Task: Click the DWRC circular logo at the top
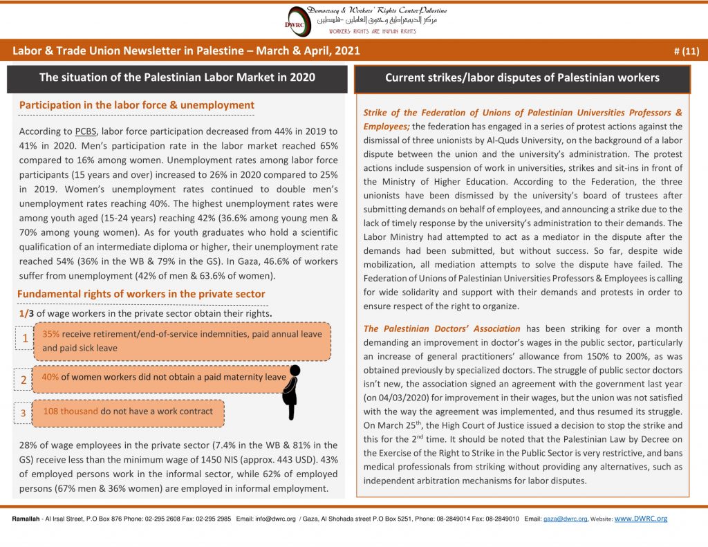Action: pos(300,20)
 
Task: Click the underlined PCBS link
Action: pos(84,131)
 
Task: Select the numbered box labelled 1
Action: pos(25,339)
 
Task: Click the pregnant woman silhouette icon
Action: pos(292,391)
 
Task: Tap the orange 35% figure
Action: pos(50,333)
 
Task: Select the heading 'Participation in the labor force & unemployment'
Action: pos(137,105)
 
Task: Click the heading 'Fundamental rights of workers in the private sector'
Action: pos(141,294)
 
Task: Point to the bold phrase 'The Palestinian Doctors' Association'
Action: pos(442,328)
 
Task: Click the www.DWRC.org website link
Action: pos(640,518)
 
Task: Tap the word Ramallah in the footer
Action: pos(26,519)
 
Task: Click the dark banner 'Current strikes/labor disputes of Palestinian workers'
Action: pos(522,78)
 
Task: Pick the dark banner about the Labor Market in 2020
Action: pos(177,77)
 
